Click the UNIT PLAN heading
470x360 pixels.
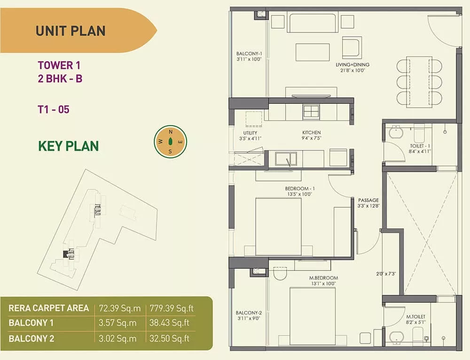pos(70,31)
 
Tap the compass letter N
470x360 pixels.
pos(171,132)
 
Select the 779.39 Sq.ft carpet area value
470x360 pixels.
pos(172,308)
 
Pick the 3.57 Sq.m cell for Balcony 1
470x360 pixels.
pos(117,323)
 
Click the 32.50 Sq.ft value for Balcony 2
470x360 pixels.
pos(169,338)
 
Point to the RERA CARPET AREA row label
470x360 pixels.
pos(48,308)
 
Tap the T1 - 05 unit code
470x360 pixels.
pos(54,110)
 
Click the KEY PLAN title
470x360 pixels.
pos(68,146)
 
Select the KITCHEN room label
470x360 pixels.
pos(312,133)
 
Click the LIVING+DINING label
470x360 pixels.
pos(352,65)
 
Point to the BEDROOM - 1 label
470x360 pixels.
pos(300,188)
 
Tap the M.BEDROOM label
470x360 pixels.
pos(323,278)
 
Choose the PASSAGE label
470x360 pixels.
pos(368,200)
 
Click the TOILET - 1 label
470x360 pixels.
pos(420,146)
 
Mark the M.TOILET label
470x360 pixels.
pos(416,317)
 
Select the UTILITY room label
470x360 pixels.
pos(251,133)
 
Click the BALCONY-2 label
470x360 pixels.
pos(249,313)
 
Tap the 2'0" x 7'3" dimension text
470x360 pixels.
pos(386,274)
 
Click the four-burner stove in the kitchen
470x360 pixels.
pos(311,112)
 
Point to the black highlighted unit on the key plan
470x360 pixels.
pos(66,254)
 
